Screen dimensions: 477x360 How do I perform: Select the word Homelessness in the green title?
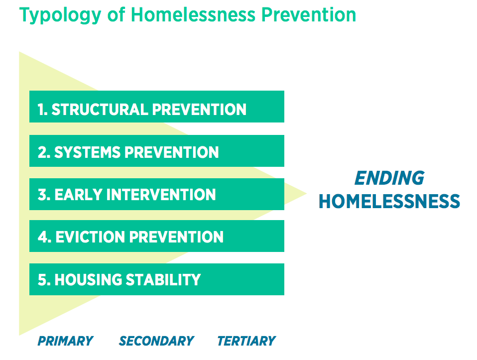pos(193,14)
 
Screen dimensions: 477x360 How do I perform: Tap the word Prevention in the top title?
pos(309,14)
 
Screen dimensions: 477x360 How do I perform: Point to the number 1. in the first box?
pos(43,110)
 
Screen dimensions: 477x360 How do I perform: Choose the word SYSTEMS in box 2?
pos(87,152)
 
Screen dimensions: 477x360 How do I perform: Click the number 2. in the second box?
pos(44,152)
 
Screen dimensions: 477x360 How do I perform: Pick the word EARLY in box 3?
pos(78,195)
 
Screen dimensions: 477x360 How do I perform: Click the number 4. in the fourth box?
pos(44,237)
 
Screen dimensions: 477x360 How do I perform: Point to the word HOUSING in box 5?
pos(88,280)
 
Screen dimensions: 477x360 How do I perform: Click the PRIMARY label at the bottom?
pos(65,341)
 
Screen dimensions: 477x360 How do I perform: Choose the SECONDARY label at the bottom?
pos(156,341)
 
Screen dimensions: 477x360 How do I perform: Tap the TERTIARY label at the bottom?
pos(246,341)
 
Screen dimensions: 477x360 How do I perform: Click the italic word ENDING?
pos(389,178)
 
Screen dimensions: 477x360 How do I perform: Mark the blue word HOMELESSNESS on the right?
pos(389,202)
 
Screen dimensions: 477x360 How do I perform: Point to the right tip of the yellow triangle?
pos(307,193)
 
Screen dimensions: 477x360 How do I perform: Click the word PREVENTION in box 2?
pos(172,152)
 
